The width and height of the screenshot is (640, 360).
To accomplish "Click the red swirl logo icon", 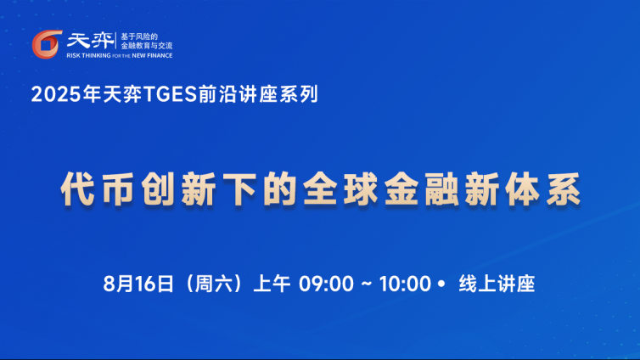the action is pyautogui.click(x=47, y=44).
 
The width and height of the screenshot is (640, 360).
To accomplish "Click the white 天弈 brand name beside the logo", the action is pyautogui.click(x=91, y=41).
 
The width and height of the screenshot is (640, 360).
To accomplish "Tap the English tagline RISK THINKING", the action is pyautogui.click(x=88, y=55).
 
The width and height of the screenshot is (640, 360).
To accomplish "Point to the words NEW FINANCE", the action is pyautogui.click(x=152, y=55).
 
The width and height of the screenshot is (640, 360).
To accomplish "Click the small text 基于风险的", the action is pyautogui.click(x=139, y=37).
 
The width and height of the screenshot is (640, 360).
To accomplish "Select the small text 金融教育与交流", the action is pyautogui.click(x=147, y=46).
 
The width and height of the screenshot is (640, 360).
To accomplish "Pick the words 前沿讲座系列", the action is pyautogui.click(x=258, y=94).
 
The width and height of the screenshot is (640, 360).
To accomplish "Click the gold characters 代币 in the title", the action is pyautogui.click(x=97, y=188).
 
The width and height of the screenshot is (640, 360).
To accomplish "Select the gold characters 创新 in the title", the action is pyautogui.click(x=178, y=188).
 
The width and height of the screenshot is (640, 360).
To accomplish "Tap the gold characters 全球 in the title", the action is pyautogui.click(x=340, y=188).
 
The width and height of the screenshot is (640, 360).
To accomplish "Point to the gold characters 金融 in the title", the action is pyautogui.click(x=421, y=188).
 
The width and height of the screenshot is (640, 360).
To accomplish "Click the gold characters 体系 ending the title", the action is pyautogui.click(x=543, y=188).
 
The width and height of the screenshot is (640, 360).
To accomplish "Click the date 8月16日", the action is pyautogui.click(x=138, y=284).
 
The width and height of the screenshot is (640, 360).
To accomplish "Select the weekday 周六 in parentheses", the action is pyautogui.click(x=214, y=284).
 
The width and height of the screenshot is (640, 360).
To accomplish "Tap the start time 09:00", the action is pyautogui.click(x=326, y=284).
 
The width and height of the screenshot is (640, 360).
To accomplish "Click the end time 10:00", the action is pyautogui.click(x=405, y=284).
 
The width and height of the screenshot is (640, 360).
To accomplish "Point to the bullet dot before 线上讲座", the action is pyautogui.click(x=441, y=284).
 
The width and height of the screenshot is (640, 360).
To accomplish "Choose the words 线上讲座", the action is pyautogui.click(x=497, y=284).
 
